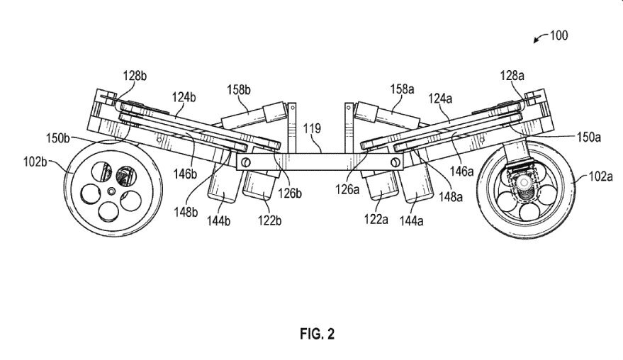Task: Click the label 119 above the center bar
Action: [x=313, y=128]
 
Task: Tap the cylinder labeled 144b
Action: [x=220, y=191]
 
